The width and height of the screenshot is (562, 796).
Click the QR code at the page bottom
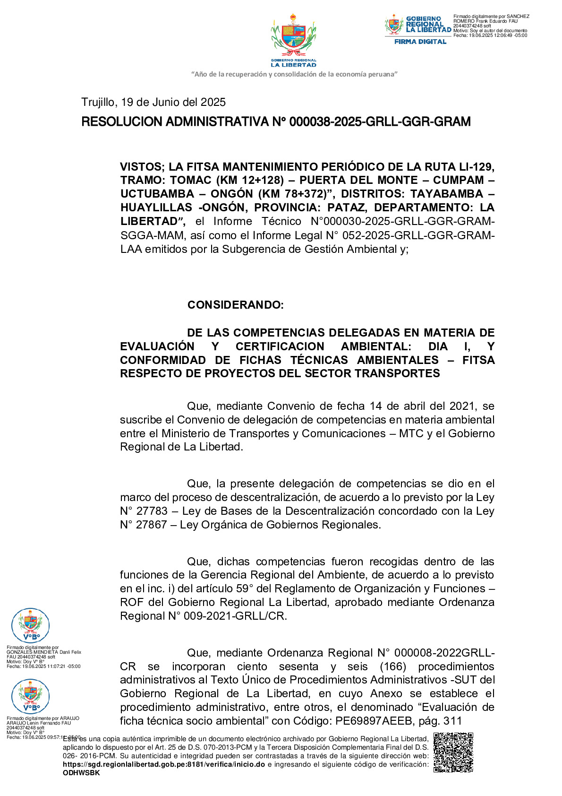[453, 752]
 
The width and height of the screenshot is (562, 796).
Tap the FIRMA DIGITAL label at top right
[420, 42]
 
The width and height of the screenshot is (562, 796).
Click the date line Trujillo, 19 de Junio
[153, 102]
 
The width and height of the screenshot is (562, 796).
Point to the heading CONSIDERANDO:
[235, 305]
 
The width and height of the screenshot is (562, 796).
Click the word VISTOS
[141, 167]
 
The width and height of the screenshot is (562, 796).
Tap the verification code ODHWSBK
[81, 773]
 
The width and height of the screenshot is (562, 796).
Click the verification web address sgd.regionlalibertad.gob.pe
[163, 764]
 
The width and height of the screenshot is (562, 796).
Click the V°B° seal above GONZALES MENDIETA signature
[30, 626]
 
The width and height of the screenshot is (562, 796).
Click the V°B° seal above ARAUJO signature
[30, 696]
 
